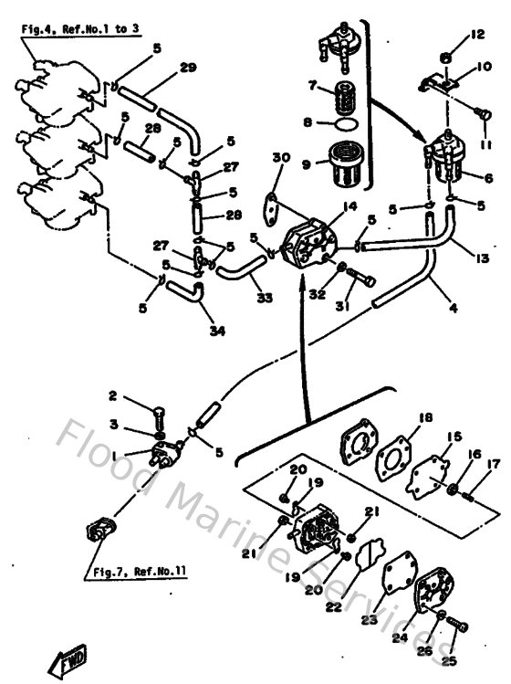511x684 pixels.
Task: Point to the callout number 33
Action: (265, 297)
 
